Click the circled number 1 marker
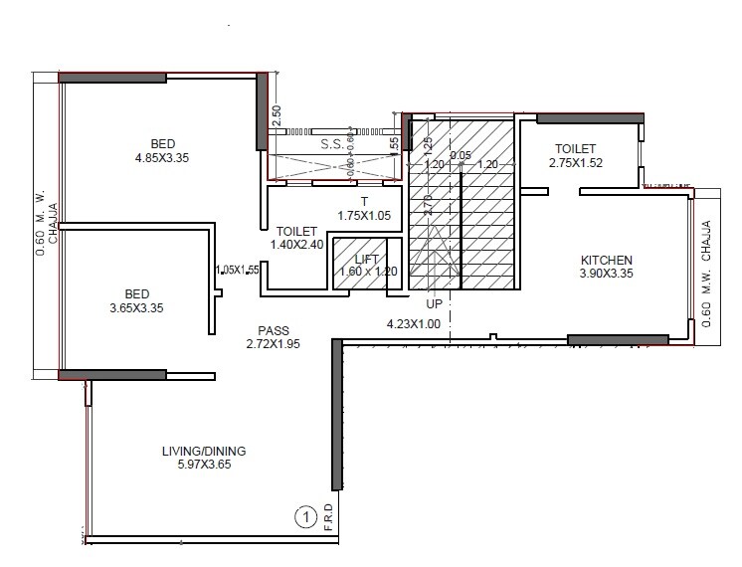click(304, 517)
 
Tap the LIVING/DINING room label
click(203, 451)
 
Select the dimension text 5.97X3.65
click(203, 465)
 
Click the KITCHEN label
click(606, 261)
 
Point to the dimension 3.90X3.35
click(606, 274)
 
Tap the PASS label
click(273, 330)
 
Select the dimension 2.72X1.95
click(273, 344)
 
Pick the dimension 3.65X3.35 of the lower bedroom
click(136, 308)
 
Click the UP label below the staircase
click(434, 303)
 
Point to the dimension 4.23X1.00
click(413, 323)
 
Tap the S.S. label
click(332, 144)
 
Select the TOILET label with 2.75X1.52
click(575, 148)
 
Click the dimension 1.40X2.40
click(296, 244)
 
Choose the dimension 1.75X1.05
click(364, 215)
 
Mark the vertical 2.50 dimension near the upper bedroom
click(278, 116)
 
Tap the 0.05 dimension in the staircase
click(461, 154)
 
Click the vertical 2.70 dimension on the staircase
click(429, 205)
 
